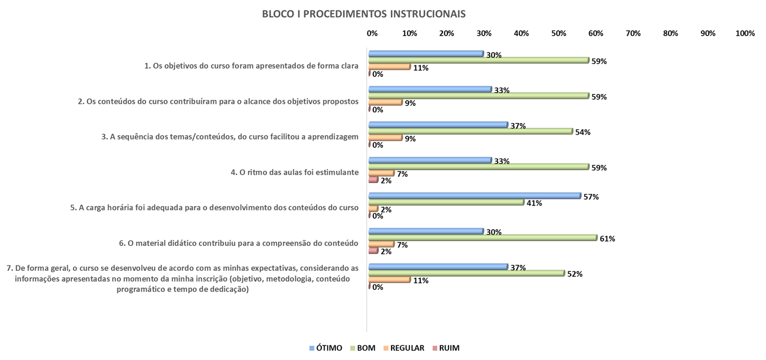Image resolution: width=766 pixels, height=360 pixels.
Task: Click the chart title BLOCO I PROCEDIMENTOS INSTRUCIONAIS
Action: (x=364, y=14)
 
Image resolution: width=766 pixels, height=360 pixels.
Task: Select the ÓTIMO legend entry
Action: (x=326, y=348)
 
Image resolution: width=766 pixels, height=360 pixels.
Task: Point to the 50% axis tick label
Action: (x=558, y=34)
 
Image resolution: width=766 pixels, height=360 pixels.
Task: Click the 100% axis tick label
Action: (x=745, y=34)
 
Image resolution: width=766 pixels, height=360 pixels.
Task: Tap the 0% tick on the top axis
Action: (x=372, y=34)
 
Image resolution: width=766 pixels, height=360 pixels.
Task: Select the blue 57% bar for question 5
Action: (x=474, y=196)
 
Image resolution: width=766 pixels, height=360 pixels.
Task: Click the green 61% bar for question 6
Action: (x=482, y=238)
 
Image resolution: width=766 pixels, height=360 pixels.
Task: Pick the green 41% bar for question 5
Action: (x=446, y=202)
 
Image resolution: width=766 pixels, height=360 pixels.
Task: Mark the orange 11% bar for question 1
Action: (x=389, y=66)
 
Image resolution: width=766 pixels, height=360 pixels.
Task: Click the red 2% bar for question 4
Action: (x=373, y=179)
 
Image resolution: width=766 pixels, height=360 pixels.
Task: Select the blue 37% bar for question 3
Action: (x=438, y=125)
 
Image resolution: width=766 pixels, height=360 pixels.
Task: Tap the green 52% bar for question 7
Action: (x=466, y=274)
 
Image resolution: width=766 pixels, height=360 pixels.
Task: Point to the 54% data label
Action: (x=583, y=132)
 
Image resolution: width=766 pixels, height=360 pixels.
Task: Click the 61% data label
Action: (x=607, y=239)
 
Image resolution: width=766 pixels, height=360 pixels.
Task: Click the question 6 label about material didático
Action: (x=239, y=243)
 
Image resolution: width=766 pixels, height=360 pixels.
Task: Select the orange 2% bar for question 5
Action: (x=373, y=209)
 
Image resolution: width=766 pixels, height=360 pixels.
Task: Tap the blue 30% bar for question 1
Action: (x=425, y=54)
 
